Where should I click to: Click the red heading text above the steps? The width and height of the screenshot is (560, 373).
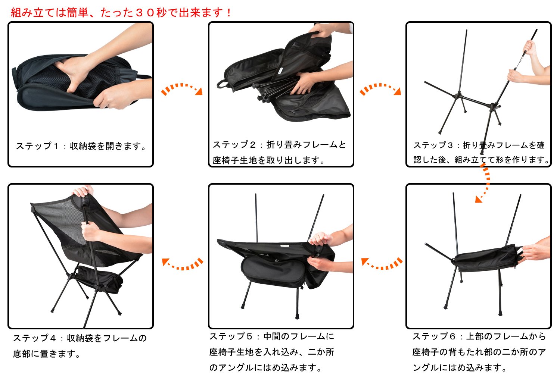[121, 12]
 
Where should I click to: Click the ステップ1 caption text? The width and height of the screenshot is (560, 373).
[81, 146]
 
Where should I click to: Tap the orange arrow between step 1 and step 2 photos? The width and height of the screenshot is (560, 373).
[182, 89]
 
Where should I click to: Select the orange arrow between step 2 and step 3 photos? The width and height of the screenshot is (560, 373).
[380, 89]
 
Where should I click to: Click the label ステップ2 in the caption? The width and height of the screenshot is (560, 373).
[234, 145]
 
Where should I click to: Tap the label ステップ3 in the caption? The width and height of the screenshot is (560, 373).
[433, 145]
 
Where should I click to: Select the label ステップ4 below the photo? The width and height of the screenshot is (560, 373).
[34, 338]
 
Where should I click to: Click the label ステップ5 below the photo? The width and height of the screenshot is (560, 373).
[231, 336]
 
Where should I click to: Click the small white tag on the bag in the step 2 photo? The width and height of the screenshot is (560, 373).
[280, 71]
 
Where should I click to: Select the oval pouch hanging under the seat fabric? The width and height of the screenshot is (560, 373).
[273, 272]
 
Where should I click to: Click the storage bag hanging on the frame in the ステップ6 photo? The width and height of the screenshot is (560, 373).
[486, 258]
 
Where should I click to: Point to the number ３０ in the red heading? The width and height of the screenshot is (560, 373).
[145, 12]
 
